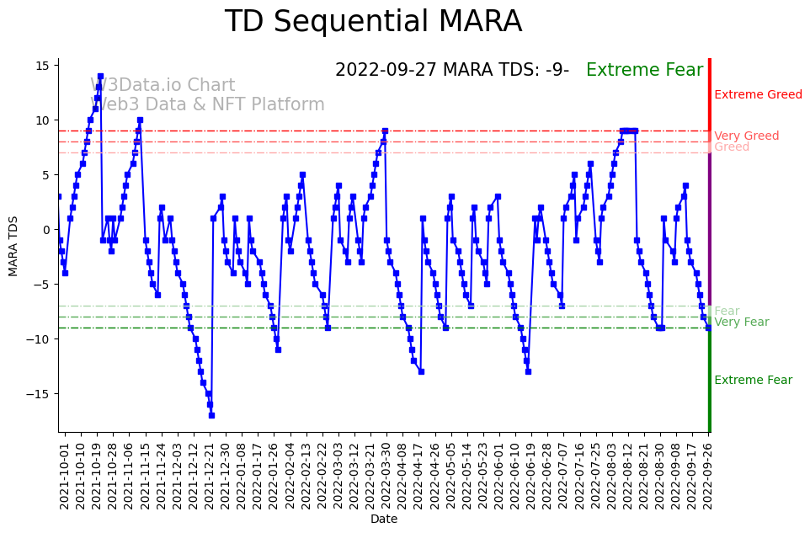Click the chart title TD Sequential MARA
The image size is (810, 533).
point(373,22)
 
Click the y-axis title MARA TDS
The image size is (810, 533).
point(13,245)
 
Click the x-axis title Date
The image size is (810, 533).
point(384,520)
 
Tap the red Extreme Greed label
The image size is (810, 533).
point(758,95)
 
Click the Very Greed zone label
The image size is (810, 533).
point(746,136)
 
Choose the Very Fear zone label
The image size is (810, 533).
point(741,322)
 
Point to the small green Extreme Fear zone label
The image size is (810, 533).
point(753,380)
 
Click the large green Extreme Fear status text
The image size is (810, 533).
point(644,70)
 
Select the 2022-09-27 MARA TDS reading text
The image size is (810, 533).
point(451,70)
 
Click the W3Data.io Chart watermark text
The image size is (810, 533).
point(163,86)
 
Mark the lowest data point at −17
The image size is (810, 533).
point(211,415)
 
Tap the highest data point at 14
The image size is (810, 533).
point(100,77)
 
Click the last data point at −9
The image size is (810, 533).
point(708,328)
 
